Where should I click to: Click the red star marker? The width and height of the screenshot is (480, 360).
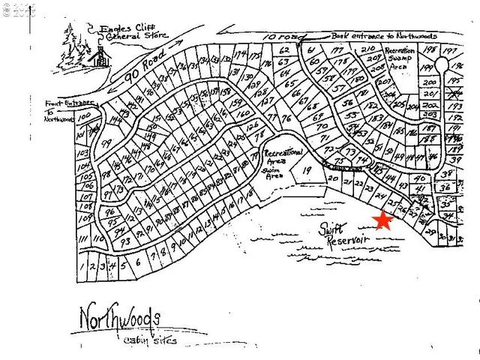coord(383,220)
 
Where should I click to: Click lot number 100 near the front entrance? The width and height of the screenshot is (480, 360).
coord(84,116)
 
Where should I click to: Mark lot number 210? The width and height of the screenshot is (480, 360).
coord(367,49)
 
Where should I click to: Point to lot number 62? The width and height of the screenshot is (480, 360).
coord(284,50)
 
